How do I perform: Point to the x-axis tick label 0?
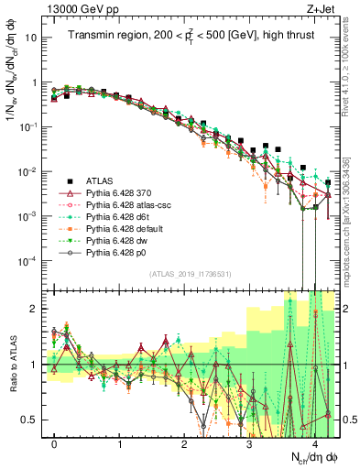point(55,444)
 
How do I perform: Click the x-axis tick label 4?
point(314,444)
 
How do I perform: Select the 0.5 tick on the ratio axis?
point(33,420)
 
